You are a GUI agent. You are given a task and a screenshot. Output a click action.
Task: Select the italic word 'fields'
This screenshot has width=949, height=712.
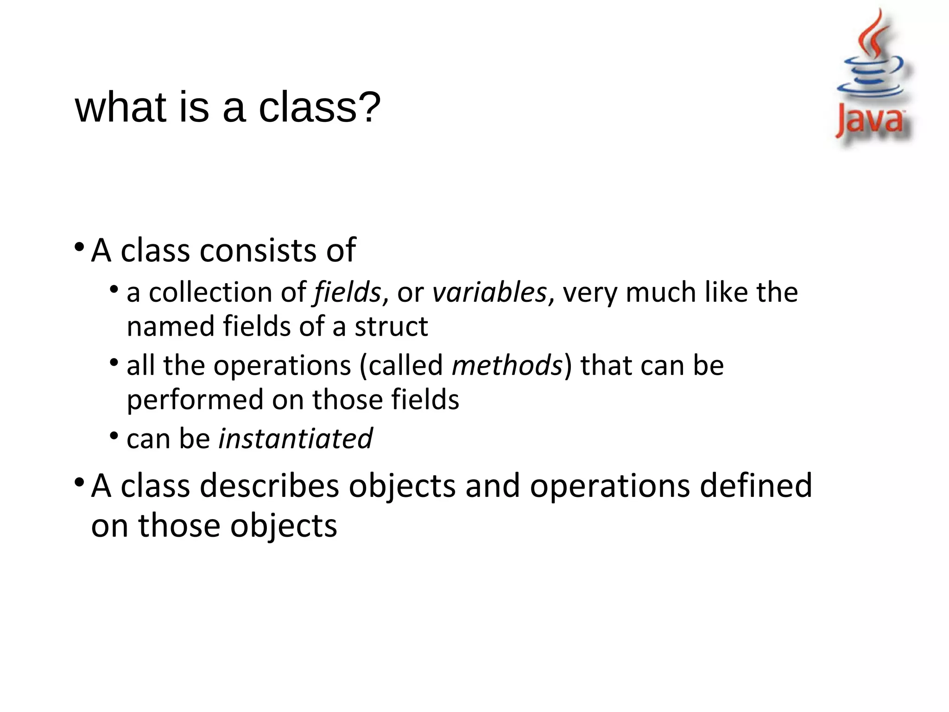click(348, 293)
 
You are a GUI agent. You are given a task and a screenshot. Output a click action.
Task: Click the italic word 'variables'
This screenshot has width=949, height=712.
click(490, 293)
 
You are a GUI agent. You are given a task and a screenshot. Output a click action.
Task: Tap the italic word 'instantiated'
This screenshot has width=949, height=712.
click(296, 439)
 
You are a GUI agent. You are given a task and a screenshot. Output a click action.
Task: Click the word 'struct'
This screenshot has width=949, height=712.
click(391, 326)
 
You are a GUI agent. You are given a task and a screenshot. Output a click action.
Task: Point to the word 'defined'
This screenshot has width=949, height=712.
click(756, 486)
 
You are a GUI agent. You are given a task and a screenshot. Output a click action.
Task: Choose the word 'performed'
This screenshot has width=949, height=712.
click(195, 400)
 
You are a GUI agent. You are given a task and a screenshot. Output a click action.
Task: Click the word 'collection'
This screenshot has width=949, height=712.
click(210, 293)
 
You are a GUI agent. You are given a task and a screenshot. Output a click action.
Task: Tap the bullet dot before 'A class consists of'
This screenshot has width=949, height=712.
click(79, 246)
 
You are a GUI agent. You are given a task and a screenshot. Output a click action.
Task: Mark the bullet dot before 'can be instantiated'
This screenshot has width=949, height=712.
click(114, 436)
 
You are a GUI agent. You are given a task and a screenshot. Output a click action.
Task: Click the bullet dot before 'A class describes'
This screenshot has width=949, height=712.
click(79, 482)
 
